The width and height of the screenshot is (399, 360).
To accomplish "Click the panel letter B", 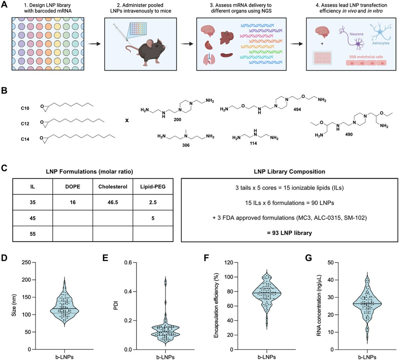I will [4, 90].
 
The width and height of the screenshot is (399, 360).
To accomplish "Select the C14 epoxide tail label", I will [25, 139].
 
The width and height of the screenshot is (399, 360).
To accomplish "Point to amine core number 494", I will [297, 109].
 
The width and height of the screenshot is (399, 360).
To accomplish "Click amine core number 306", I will [186, 145].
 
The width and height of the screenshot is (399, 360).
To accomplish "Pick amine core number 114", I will [253, 143].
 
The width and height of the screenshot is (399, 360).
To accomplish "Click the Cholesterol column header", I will [113, 186].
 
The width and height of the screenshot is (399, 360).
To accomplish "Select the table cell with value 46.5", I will [113, 202].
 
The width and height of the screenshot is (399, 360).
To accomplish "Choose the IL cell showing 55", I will [33, 234].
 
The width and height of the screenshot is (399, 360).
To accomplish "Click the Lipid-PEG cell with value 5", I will [153, 218].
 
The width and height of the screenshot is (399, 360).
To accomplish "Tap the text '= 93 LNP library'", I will [289, 233].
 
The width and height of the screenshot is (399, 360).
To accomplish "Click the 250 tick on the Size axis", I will [26, 263].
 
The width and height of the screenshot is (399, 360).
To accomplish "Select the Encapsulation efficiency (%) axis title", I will [216, 306].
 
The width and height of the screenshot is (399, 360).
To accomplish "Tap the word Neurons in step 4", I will [356, 34].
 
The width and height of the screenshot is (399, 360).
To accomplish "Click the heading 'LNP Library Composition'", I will [289, 172].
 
